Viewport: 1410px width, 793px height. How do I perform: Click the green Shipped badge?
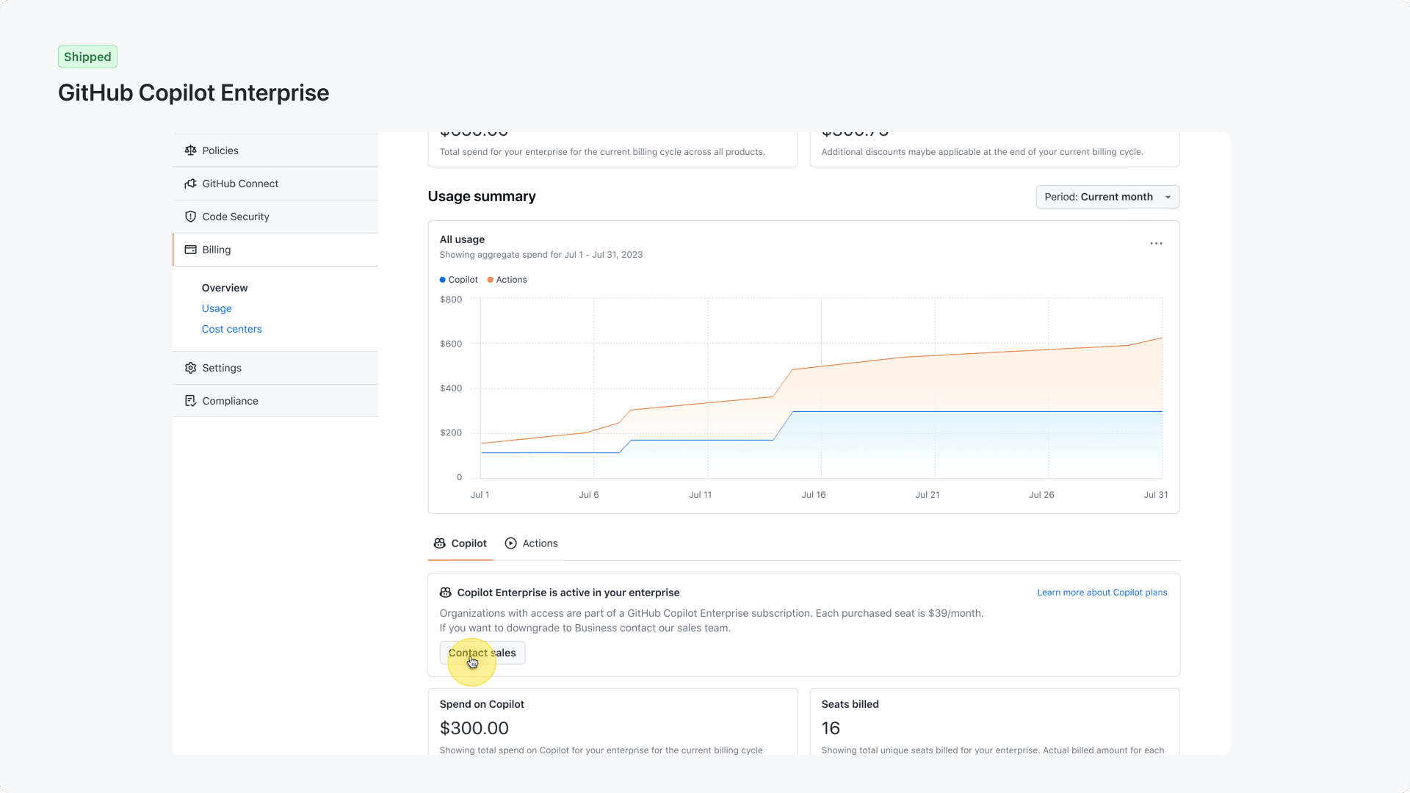(87, 57)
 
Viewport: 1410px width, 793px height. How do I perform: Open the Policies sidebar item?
(220, 151)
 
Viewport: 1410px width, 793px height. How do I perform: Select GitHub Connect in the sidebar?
(239, 184)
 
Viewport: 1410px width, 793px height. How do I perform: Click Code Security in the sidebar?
(235, 217)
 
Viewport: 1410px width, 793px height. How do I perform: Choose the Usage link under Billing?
(217, 308)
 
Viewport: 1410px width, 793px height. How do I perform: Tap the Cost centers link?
(231, 329)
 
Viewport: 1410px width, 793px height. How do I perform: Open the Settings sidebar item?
(221, 368)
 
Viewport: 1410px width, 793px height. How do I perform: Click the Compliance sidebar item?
(230, 401)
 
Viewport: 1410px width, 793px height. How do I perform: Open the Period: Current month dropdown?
(1107, 197)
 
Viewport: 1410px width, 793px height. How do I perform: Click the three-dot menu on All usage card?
(1156, 243)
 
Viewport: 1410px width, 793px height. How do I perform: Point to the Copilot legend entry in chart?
(459, 280)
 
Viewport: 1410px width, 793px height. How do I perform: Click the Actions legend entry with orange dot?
(507, 280)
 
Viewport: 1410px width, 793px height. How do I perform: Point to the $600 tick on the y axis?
(451, 344)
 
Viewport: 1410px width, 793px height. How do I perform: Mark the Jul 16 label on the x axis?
(813, 495)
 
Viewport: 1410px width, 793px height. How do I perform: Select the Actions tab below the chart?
(532, 543)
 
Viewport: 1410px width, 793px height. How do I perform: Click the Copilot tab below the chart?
(460, 543)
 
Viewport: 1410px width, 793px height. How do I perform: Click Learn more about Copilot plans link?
(1102, 593)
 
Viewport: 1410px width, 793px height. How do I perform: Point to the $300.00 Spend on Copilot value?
(474, 728)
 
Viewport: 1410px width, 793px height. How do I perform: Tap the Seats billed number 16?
(831, 728)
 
